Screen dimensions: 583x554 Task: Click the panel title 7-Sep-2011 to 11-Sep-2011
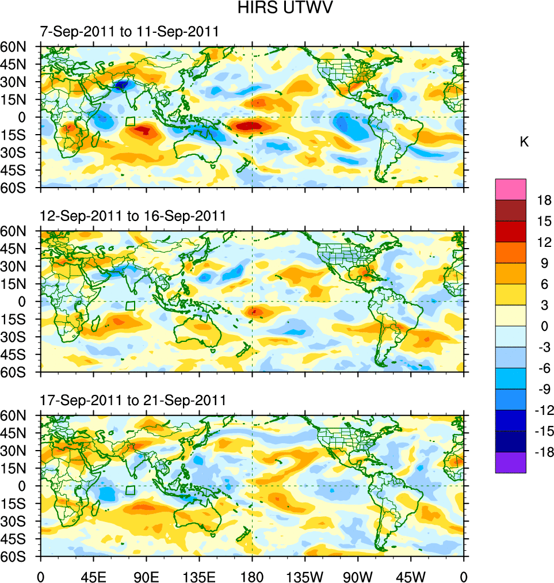click(129, 32)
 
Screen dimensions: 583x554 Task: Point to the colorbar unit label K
click(524, 142)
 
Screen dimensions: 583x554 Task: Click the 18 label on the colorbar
click(544, 200)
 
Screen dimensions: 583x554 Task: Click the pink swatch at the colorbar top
click(510, 189)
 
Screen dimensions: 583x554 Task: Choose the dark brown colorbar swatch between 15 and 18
click(510, 210)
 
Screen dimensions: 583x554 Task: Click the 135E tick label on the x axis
click(199, 576)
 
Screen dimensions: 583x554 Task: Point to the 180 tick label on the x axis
click(252, 576)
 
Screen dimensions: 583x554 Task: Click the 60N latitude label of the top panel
click(18, 47)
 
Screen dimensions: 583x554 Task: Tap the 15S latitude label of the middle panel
click(18, 319)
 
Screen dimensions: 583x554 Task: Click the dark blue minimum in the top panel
click(121, 86)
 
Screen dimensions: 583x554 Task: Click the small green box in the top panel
click(131, 121)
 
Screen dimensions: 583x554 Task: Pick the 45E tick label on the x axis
click(93, 576)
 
